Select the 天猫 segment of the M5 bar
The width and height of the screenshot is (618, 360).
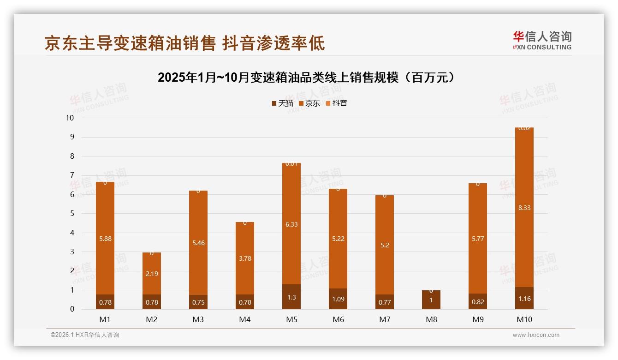291,297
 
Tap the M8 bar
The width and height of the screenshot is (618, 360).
431,300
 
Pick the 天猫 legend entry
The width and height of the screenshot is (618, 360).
283,103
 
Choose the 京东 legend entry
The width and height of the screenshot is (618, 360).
309,103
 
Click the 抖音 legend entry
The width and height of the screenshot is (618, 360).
337,103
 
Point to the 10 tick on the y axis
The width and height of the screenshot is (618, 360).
70,118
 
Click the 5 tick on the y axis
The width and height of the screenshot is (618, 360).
71,214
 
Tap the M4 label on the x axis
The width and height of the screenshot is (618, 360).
245,319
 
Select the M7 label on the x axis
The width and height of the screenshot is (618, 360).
385,319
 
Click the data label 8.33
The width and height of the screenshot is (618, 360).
524,208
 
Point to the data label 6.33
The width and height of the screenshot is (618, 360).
291,224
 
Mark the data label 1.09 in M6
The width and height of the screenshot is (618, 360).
338,299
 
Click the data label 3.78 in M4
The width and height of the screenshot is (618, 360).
245,258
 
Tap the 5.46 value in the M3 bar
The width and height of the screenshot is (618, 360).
198,242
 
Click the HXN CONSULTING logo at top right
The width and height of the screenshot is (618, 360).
542,40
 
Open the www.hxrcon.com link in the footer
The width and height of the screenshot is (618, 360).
536,335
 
